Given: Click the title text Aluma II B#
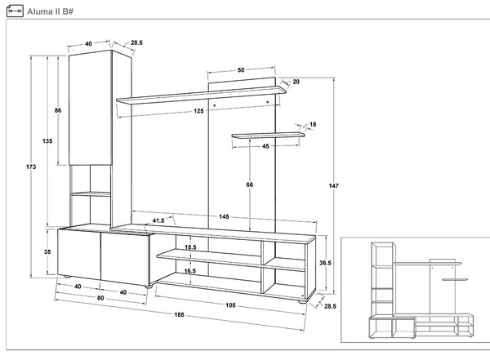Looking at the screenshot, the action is pos(50,11).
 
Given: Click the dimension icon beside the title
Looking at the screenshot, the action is pos(15,11).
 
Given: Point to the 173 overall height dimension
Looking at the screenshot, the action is pos(31,167).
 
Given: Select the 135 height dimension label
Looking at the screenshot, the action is pos(47,141).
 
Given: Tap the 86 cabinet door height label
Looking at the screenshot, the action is pos(58,110).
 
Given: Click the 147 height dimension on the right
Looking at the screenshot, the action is pos(333,185).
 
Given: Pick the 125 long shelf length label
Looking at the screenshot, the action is pos(198,111).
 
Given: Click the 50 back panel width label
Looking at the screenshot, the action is pos(241,70).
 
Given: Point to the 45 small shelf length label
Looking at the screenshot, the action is pos(265,146).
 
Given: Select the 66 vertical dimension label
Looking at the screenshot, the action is pos(249,184).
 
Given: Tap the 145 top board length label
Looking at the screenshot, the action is pos(224,216).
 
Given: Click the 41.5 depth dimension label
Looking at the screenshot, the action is pos(158,220).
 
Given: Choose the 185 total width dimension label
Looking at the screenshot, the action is pos(179,314).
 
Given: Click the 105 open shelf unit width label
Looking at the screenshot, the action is pos(230,305).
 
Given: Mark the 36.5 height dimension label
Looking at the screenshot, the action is pos(325,263).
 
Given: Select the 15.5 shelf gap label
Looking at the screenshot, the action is pos(190,247).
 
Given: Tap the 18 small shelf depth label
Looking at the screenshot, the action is pos(313,124).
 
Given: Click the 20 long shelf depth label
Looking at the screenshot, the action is pos(296,82).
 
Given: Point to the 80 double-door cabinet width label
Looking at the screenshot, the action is pos(100,298).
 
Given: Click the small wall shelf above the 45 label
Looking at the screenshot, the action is pos(268,136).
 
